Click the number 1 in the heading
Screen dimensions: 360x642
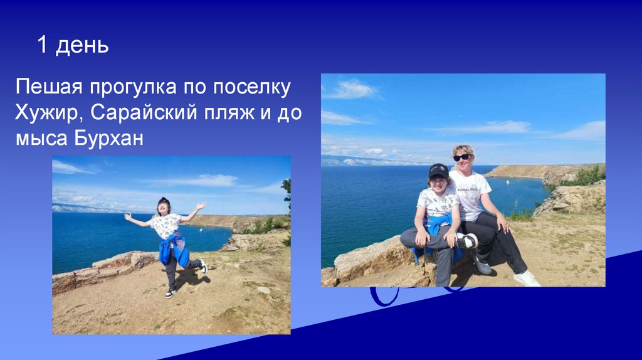(43, 45)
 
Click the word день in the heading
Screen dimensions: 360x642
(82, 46)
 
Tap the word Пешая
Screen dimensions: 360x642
(51, 88)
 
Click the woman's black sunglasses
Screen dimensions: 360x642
(462, 157)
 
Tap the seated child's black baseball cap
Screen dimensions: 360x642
(438, 171)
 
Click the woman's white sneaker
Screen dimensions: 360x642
(527, 278)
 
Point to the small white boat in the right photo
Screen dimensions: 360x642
(507, 182)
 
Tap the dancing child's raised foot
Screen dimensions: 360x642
(203, 267)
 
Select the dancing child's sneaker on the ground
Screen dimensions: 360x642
(170, 292)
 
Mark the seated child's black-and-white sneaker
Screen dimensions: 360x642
(466, 241)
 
